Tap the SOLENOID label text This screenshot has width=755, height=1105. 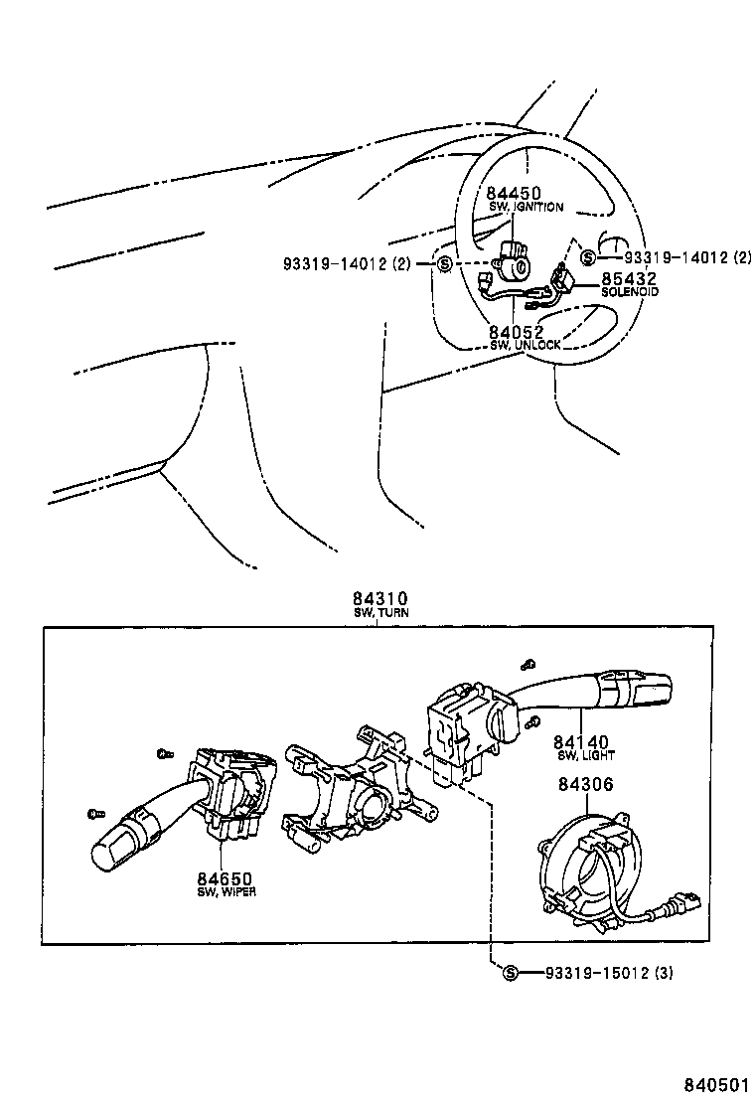coord(629,292)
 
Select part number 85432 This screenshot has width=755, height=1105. coord(629,279)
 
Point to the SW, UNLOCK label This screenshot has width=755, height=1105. coord(525,345)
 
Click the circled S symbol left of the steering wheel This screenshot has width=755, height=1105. coord(445,263)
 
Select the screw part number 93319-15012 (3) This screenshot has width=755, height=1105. coord(608,972)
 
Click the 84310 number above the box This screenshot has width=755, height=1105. coord(380,599)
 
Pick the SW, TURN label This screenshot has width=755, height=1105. coord(380,613)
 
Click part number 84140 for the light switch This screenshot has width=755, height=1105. coord(582,741)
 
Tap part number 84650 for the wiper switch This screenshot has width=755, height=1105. coord(225,878)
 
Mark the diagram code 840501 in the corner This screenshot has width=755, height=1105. coord(716,1082)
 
